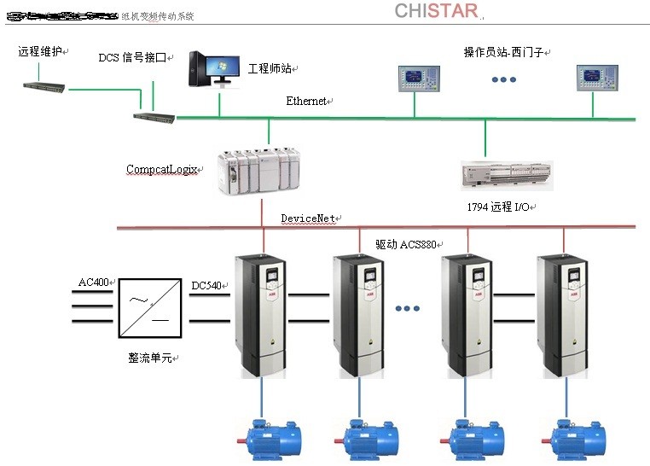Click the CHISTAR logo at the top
click(x=436, y=11)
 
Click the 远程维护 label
click(x=40, y=51)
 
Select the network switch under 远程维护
click(x=45, y=87)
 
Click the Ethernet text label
click(x=306, y=102)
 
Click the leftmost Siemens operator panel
click(x=415, y=79)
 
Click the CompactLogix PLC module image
click(x=258, y=171)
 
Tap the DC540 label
click(x=208, y=285)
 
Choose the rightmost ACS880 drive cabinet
click(x=563, y=316)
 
